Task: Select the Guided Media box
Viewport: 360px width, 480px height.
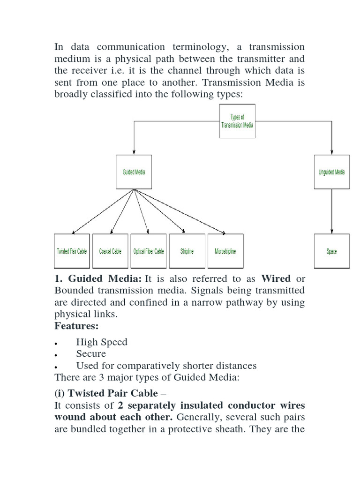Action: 134,172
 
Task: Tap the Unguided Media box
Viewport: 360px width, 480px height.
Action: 331,172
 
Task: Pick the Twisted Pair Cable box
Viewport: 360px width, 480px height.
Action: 72,251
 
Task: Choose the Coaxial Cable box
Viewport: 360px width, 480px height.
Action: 110,251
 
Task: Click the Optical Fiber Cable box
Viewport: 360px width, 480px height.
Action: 149,251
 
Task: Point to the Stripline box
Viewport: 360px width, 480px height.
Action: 187,251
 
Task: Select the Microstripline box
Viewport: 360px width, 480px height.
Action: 225,251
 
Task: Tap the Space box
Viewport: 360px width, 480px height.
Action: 331,251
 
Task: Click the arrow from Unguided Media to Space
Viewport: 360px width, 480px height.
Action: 332,211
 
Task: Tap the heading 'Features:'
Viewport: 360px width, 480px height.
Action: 76,326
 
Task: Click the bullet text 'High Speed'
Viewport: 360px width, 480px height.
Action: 102,342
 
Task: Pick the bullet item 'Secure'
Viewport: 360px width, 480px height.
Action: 91,353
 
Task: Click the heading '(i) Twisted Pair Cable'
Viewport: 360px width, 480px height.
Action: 106,393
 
